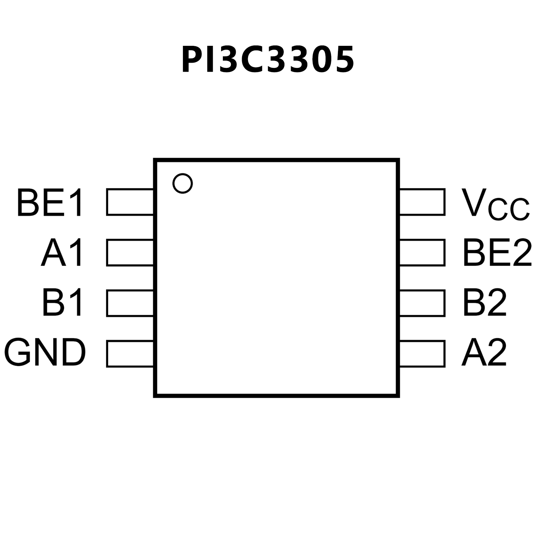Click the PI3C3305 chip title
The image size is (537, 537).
pos(268,60)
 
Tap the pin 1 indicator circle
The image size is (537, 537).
pos(183,183)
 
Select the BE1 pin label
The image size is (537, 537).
pos(50,203)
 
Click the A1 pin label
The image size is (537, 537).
pos(62,253)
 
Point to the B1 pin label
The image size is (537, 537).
pos(63,303)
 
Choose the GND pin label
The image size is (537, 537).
pos(45,353)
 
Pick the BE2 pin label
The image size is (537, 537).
pos(497,253)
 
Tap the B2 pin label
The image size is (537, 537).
pos(485,303)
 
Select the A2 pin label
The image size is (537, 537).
pos(484,353)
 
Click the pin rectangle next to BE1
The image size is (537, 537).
pos(130,202)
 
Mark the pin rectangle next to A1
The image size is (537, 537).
pos(130,253)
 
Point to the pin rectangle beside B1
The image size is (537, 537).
pos(130,303)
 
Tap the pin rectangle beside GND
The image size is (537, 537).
pos(130,353)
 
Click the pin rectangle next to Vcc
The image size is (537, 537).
pos(422,202)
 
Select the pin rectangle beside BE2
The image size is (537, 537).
pos(422,253)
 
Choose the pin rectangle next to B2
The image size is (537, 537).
pos(422,303)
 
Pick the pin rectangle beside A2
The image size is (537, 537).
pos(422,353)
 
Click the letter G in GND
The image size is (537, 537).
pos(17,353)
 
